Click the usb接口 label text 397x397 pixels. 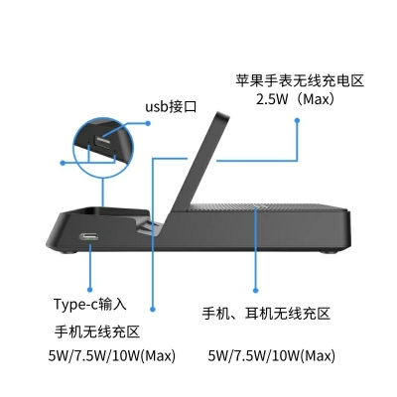point(171,106)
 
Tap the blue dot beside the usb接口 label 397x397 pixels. point(148,123)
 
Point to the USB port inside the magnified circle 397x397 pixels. point(102,142)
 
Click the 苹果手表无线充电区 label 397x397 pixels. point(300,80)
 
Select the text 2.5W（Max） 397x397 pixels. point(296,99)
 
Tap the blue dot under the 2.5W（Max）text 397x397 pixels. point(297,121)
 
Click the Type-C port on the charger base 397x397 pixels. point(89,237)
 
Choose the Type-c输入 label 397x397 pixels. point(90,304)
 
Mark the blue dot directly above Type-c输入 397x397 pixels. point(89,290)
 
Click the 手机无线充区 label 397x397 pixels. point(97,331)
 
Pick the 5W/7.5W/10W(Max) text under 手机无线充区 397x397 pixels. point(112,356)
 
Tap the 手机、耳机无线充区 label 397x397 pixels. point(266,313)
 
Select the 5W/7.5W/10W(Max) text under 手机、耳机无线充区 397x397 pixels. point(271,356)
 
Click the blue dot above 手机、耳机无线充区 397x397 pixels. point(255,291)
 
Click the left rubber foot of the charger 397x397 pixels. point(69,252)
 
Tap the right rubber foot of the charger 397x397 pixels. point(330,252)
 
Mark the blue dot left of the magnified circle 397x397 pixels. point(63,163)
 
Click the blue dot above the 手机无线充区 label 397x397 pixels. point(153,309)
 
